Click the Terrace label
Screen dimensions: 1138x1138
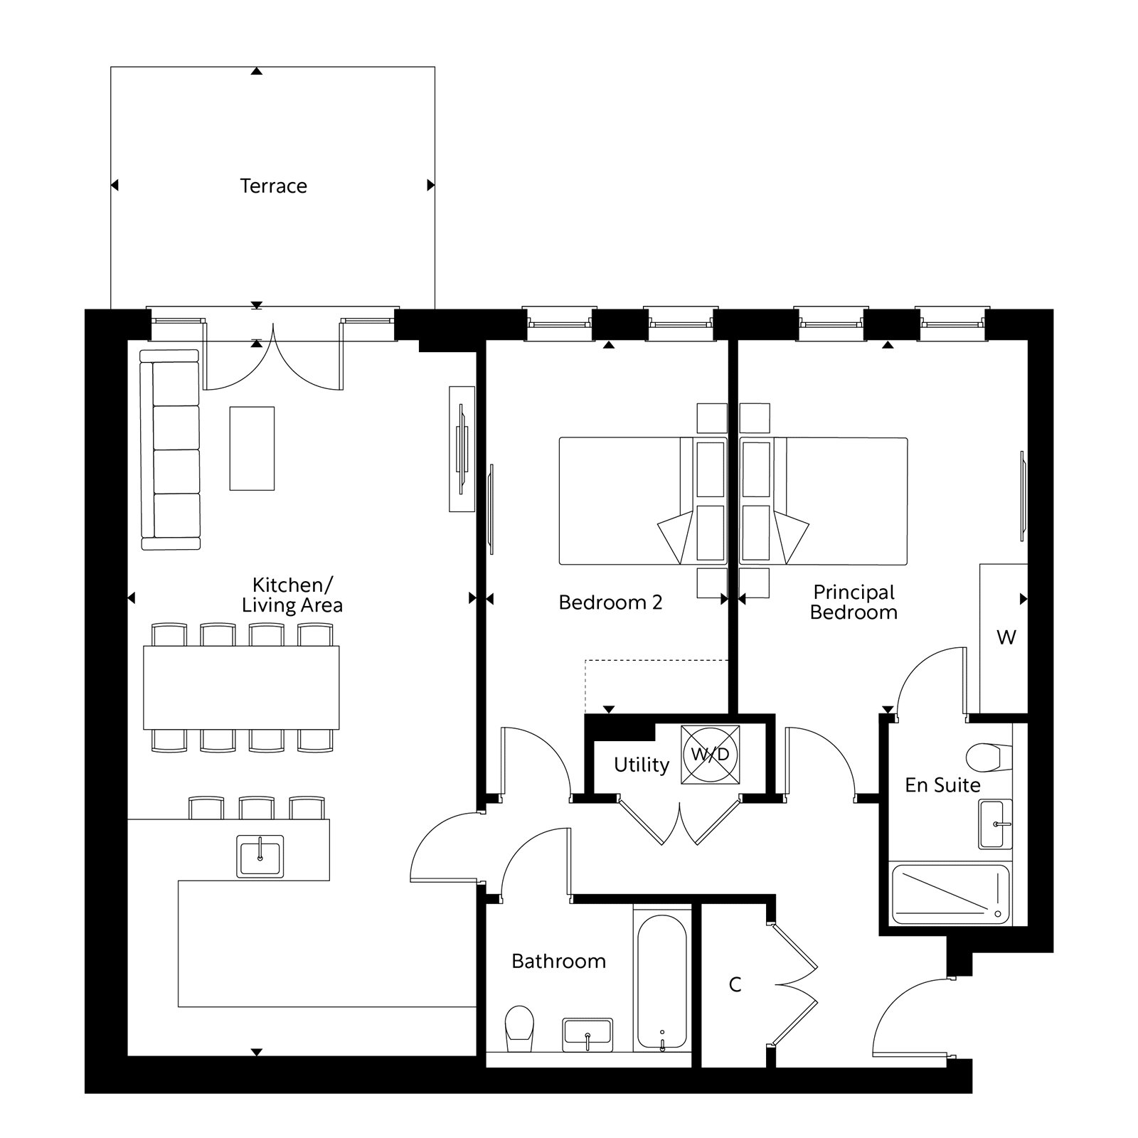[273, 186]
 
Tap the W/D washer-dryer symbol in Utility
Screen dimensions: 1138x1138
[710, 755]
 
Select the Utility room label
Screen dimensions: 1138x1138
[641, 765]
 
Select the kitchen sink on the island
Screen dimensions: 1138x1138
[260, 856]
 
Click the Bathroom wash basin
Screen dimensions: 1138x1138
[587, 1034]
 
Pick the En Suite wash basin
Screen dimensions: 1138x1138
[995, 824]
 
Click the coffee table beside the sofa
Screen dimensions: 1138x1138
[252, 448]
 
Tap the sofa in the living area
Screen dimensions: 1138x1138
[171, 450]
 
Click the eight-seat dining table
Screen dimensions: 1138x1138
[241, 687]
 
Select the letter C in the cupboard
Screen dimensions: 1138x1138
[735, 985]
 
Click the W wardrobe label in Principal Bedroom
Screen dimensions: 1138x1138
[1006, 637]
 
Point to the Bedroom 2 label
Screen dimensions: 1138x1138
[610, 603]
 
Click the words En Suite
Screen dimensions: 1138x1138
[942, 785]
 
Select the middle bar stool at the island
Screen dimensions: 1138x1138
[257, 808]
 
